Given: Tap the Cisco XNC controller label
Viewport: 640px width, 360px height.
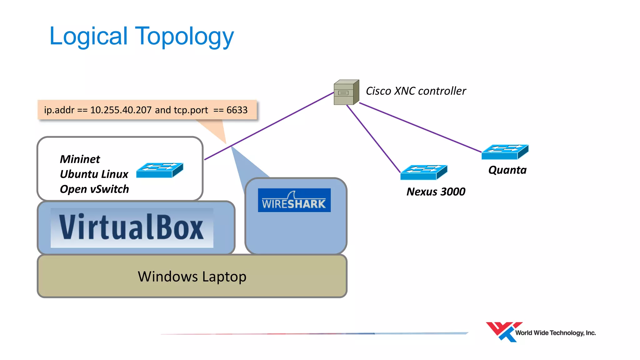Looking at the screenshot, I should [x=416, y=91].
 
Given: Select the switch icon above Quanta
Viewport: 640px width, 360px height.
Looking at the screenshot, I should [x=505, y=152].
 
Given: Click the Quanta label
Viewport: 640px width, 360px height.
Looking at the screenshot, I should [x=507, y=170].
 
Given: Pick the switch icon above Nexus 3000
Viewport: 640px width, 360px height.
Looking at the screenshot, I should [x=423, y=172].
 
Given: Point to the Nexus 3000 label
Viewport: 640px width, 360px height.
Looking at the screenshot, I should [x=436, y=192].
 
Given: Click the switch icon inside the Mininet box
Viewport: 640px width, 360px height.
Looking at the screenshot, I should [x=160, y=170].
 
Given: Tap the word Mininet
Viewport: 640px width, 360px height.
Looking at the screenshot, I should [x=80, y=159].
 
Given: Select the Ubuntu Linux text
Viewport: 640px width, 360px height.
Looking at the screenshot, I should [x=94, y=174].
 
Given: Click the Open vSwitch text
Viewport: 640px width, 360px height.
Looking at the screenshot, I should [x=94, y=189].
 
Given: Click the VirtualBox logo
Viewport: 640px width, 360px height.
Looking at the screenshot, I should [x=132, y=227].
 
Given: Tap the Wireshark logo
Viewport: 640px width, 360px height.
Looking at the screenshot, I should [x=294, y=200].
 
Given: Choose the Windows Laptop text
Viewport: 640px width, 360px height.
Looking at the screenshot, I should [x=192, y=277].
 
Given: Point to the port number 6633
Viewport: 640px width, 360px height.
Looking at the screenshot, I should [x=237, y=110].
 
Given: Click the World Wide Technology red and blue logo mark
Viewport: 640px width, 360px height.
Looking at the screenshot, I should [x=502, y=332].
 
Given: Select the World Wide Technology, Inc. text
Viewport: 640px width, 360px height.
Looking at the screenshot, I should [x=555, y=333].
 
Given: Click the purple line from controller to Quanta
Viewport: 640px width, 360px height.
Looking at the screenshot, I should [x=420, y=127].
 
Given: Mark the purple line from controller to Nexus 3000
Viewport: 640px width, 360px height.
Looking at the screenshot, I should [x=373, y=138].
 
